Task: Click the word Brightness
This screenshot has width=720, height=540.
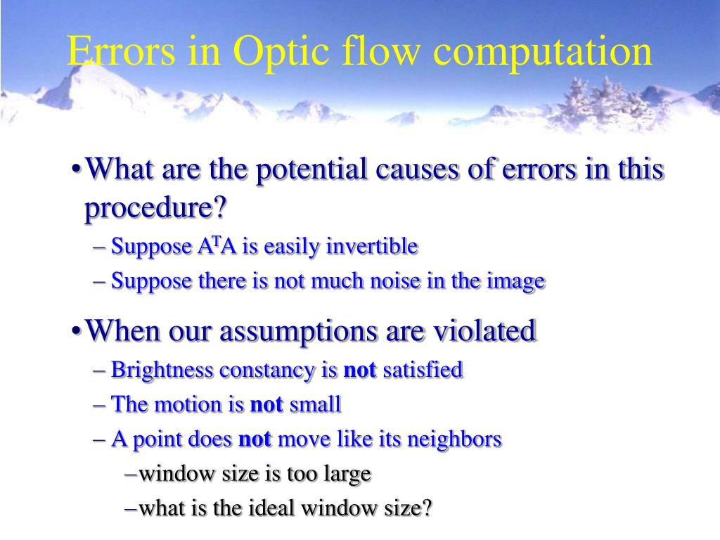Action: [x=156, y=370]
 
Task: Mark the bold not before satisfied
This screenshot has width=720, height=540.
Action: [x=359, y=370]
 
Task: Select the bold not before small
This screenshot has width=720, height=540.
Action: [x=267, y=405]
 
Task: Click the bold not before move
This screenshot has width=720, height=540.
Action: [x=255, y=440]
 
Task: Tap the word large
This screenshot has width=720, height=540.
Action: [x=347, y=474]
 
